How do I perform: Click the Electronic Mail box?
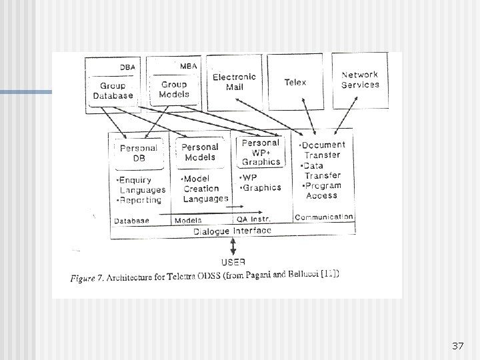tap(235, 82)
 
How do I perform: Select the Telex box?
tap(295, 82)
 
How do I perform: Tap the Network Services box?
tap(360, 80)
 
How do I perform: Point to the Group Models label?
tap(174, 89)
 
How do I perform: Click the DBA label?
tap(127, 67)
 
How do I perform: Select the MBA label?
tap(187, 66)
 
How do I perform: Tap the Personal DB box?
tap(139, 153)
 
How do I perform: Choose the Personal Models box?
tap(200, 152)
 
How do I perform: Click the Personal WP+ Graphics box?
tap(261, 152)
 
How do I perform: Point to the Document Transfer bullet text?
tap(323, 149)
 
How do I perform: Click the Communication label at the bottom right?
tap(323, 217)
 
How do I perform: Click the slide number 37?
tap(457, 346)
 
